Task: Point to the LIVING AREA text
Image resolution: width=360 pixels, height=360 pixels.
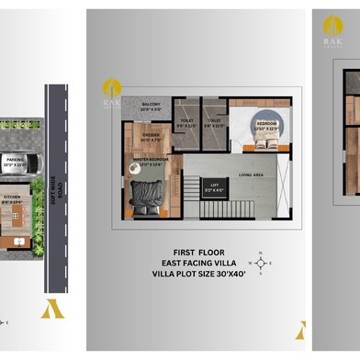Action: tap(252, 173)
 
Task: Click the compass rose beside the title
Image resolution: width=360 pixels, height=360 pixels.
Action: tap(260, 263)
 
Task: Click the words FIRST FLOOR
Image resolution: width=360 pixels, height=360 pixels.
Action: tap(199, 251)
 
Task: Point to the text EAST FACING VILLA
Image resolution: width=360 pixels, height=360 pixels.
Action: tap(199, 263)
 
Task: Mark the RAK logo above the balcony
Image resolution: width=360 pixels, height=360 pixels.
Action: tap(112, 92)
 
